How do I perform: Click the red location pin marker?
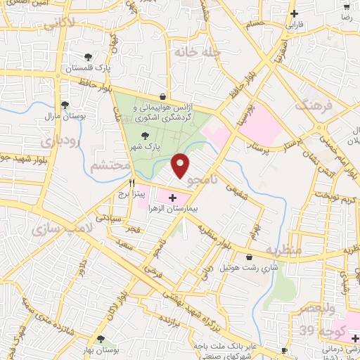181,165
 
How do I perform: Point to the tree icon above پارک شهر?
145,136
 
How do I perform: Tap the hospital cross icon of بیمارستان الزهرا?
173,198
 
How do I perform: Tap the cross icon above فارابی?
294,13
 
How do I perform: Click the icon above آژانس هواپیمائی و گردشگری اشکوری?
163,96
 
